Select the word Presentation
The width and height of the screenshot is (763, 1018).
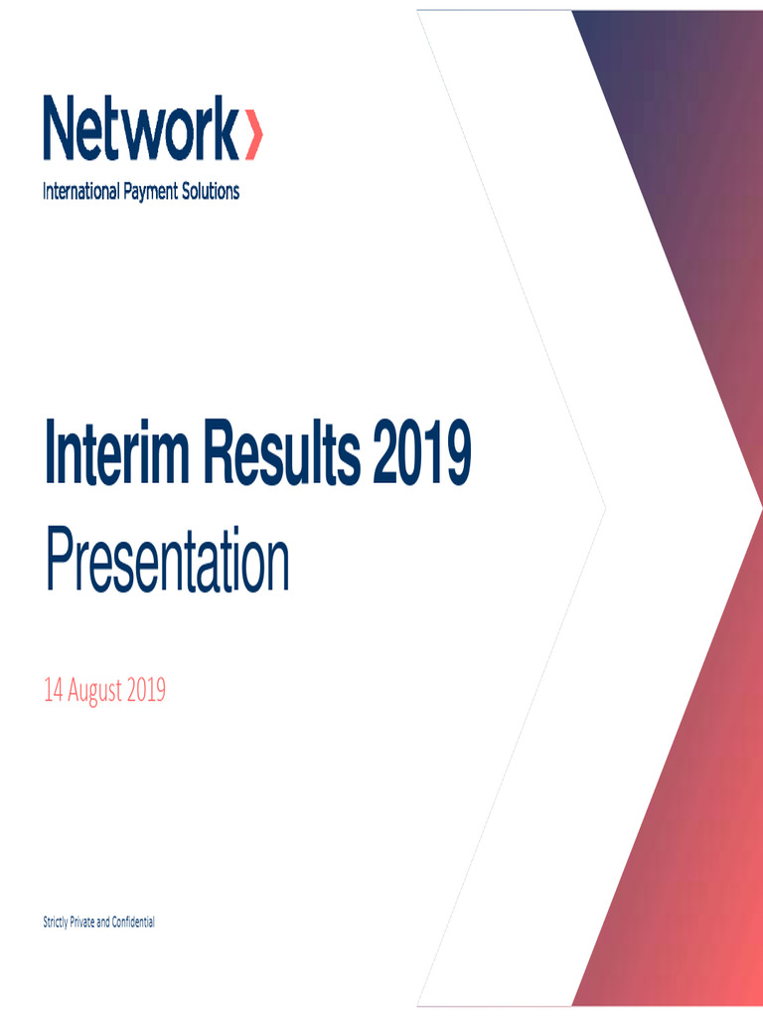coord(166,564)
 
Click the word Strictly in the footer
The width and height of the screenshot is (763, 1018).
coord(56,923)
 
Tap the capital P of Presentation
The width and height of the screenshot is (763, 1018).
coord(57,564)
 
